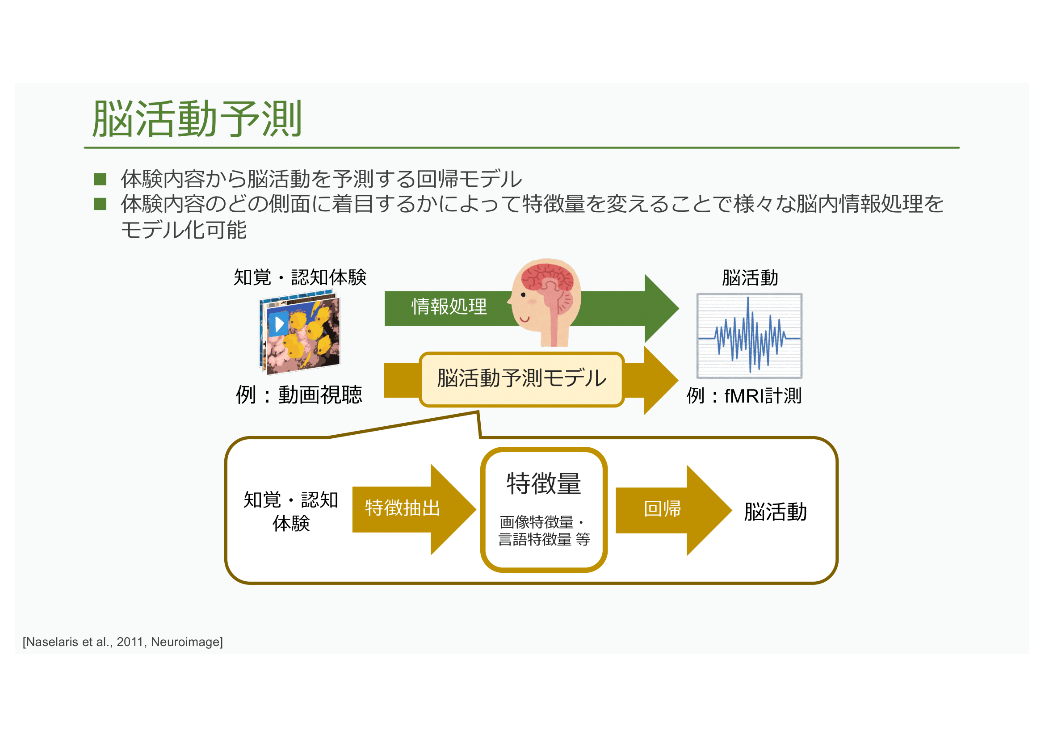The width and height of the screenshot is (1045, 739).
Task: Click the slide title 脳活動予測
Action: (197, 119)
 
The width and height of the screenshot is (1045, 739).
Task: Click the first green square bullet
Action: (100, 179)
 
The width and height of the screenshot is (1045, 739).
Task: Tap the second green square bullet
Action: (100, 204)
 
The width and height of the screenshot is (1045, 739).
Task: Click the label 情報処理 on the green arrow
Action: (449, 307)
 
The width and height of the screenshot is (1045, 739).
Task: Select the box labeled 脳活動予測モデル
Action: (521, 378)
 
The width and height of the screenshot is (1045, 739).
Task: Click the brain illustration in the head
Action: (548, 277)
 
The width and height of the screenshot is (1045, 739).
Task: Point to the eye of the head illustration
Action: (524, 295)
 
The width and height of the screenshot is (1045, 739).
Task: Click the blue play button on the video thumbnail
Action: (278, 324)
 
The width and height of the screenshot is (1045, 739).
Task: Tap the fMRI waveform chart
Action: (749, 336)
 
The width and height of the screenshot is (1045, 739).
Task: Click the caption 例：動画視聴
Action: (298, 395)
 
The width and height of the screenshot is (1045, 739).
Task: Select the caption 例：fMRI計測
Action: (744, 396)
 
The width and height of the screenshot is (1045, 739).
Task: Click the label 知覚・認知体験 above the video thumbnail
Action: (300, 277)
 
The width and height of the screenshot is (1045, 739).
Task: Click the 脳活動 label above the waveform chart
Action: (750, 277)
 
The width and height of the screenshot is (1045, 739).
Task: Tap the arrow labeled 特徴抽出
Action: (403, 508)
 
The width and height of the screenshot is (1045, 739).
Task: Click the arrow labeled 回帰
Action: (663, 509)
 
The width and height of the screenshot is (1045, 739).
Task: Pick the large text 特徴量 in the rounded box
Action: (544, 483)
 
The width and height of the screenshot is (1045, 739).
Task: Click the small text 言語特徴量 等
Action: (544, 540)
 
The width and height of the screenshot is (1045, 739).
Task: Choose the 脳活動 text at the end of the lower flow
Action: (776, 512)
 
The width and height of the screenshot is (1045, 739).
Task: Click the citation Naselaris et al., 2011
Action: (122, 642)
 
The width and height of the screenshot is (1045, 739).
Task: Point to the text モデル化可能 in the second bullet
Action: (184, 230)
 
